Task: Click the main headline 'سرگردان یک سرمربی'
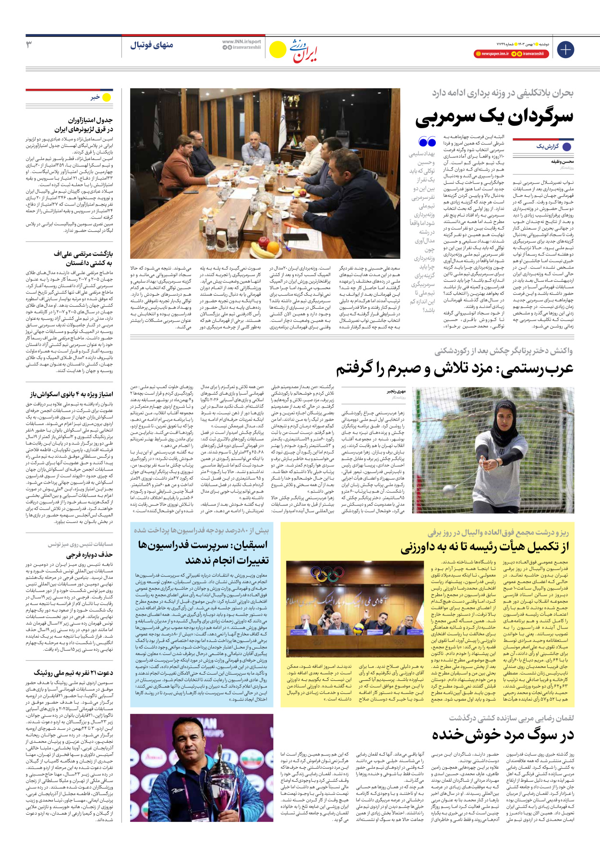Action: tap(494, 117)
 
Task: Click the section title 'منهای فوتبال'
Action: tap(151, 45)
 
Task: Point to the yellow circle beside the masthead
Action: tap(277, 49)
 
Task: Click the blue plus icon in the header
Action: tap(565, 49)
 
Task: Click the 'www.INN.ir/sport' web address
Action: tap(241, 42)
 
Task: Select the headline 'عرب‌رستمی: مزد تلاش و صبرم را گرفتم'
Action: tap(454, 369)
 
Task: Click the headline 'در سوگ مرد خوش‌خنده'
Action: tap(503, 735)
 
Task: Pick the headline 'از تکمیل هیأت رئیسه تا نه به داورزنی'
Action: tap(485, 547)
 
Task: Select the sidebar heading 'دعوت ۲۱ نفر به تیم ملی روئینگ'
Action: tap(73, 673)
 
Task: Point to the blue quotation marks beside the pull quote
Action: tap(427, 142)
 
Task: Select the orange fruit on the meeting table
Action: tap(273, 249)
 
